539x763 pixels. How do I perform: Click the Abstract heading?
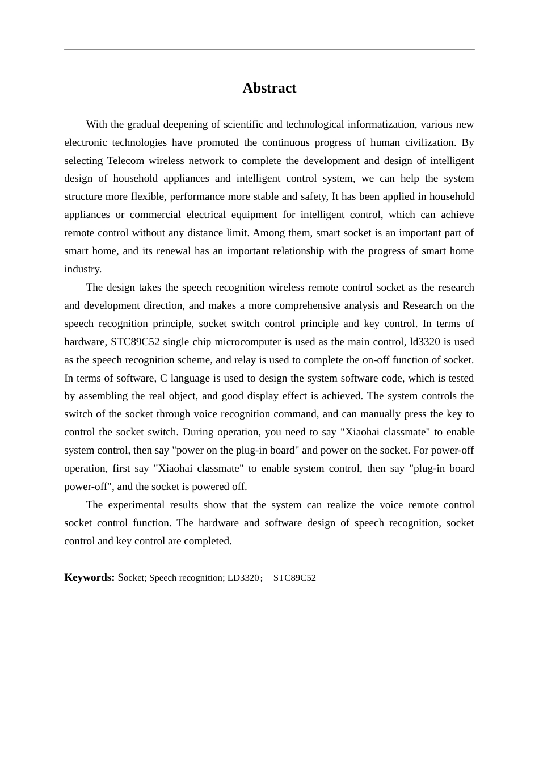coord(269,88)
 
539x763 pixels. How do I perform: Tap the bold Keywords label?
coord(89,577)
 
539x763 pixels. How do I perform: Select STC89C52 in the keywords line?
coord(294,578)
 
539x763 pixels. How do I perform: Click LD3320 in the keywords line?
coord(243,578)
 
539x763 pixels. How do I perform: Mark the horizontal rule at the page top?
coord(269,49)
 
